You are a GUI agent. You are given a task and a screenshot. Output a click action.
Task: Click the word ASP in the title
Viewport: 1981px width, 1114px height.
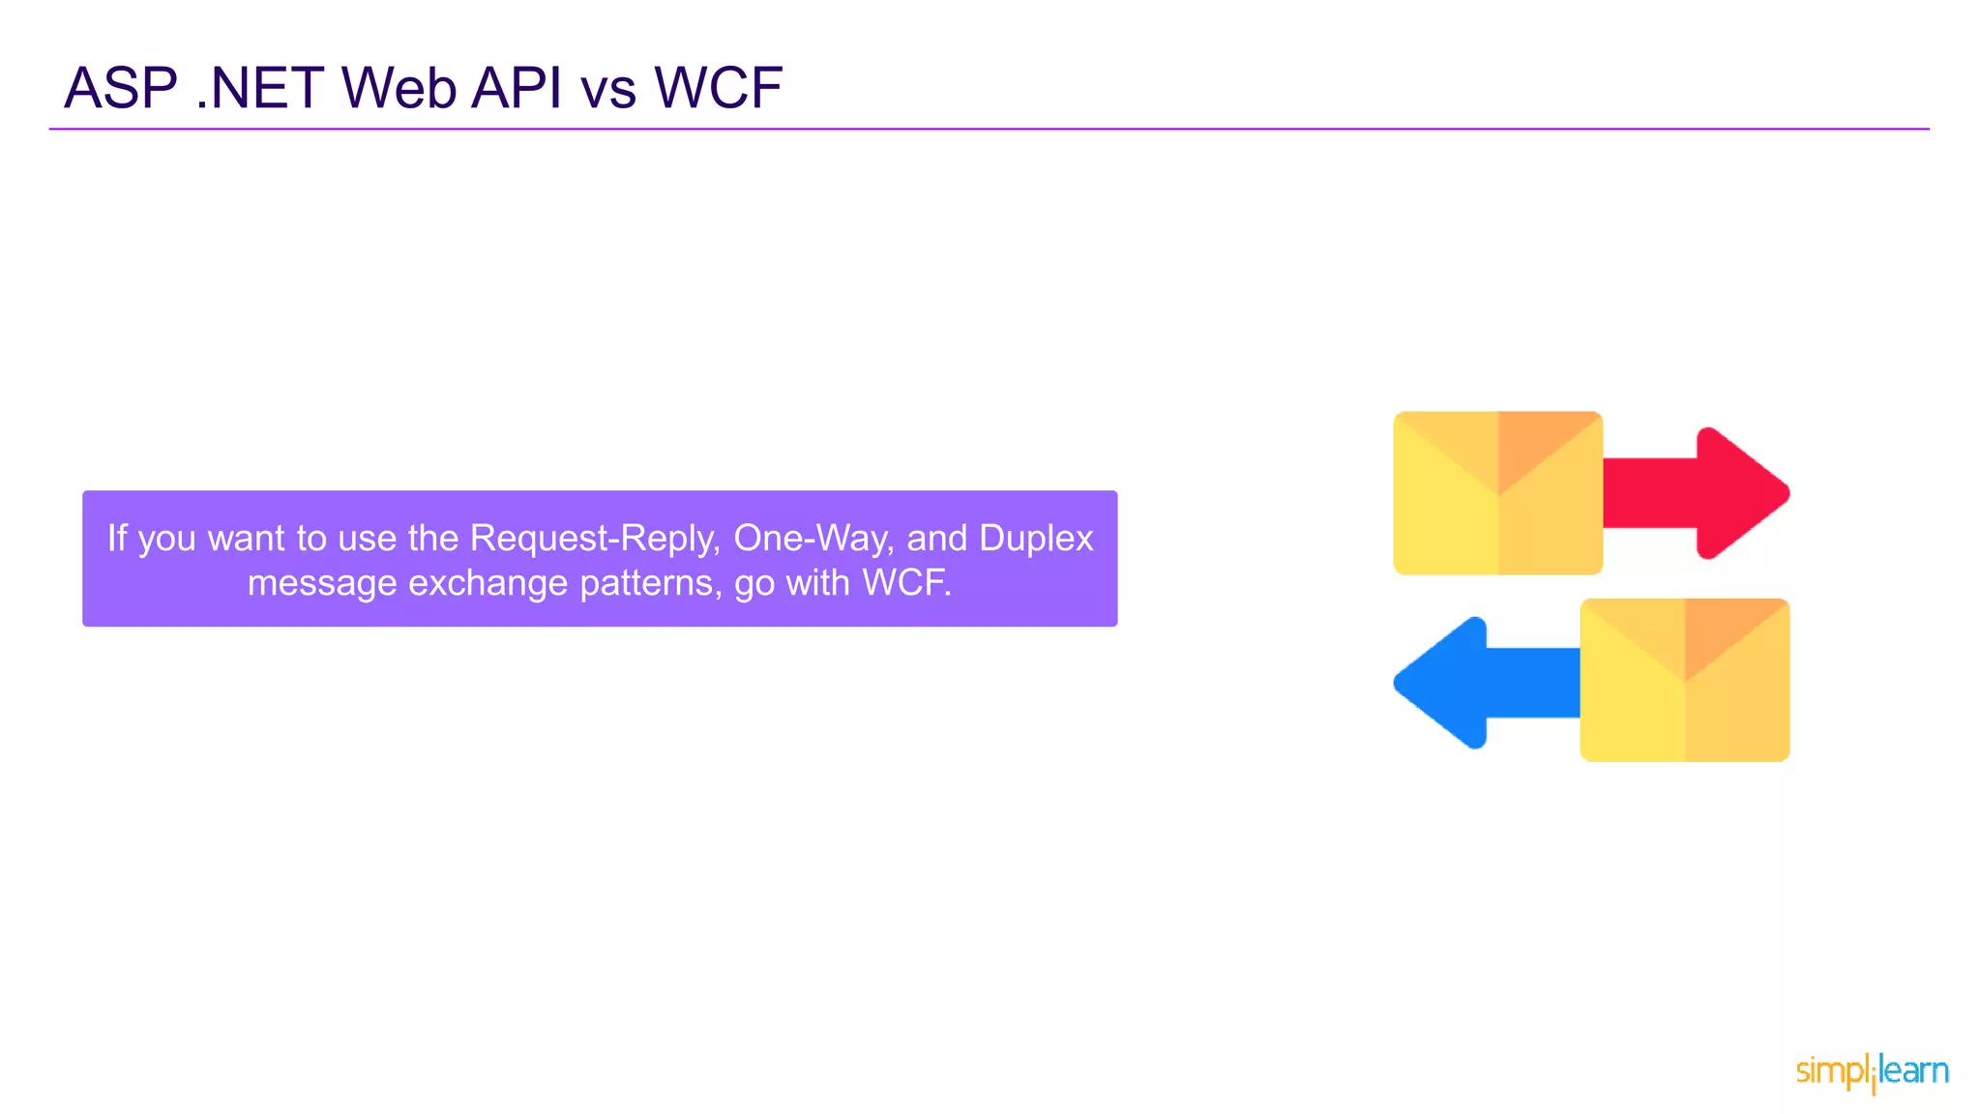(x=121, y=88)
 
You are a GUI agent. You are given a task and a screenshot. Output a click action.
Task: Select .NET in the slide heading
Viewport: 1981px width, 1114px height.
(x=259, y=88)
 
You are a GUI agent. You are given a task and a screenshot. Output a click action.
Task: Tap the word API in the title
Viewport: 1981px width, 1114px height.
(x=516, y=88)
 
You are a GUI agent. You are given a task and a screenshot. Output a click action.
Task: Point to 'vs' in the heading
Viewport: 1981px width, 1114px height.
(x=608, y=90)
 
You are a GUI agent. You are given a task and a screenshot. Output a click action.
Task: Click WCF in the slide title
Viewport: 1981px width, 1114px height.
(x=718, y=88)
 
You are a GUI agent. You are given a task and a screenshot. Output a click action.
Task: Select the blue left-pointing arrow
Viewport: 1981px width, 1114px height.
(x=1480, y=683)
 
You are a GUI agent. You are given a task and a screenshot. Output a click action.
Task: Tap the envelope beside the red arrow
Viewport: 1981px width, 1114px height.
(x=1497, y=493)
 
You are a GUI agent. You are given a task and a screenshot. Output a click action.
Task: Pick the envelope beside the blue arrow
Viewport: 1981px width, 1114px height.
(x=1684, y=680)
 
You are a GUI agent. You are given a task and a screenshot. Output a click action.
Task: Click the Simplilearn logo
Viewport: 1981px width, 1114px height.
(x=1872, y=1071)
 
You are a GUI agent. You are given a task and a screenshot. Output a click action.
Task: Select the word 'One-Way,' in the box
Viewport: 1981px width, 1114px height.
(x=813, y=538)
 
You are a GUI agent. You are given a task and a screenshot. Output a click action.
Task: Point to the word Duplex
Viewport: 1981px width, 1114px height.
(x=1036, y=538)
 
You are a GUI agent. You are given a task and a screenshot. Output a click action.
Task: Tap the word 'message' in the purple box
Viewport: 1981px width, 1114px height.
(x=321, y=583)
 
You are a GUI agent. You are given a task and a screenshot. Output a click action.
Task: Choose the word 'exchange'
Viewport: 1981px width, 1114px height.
(x=488, y=583)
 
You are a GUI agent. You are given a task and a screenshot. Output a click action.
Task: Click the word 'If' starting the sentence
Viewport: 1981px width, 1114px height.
(x=117, y=538)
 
